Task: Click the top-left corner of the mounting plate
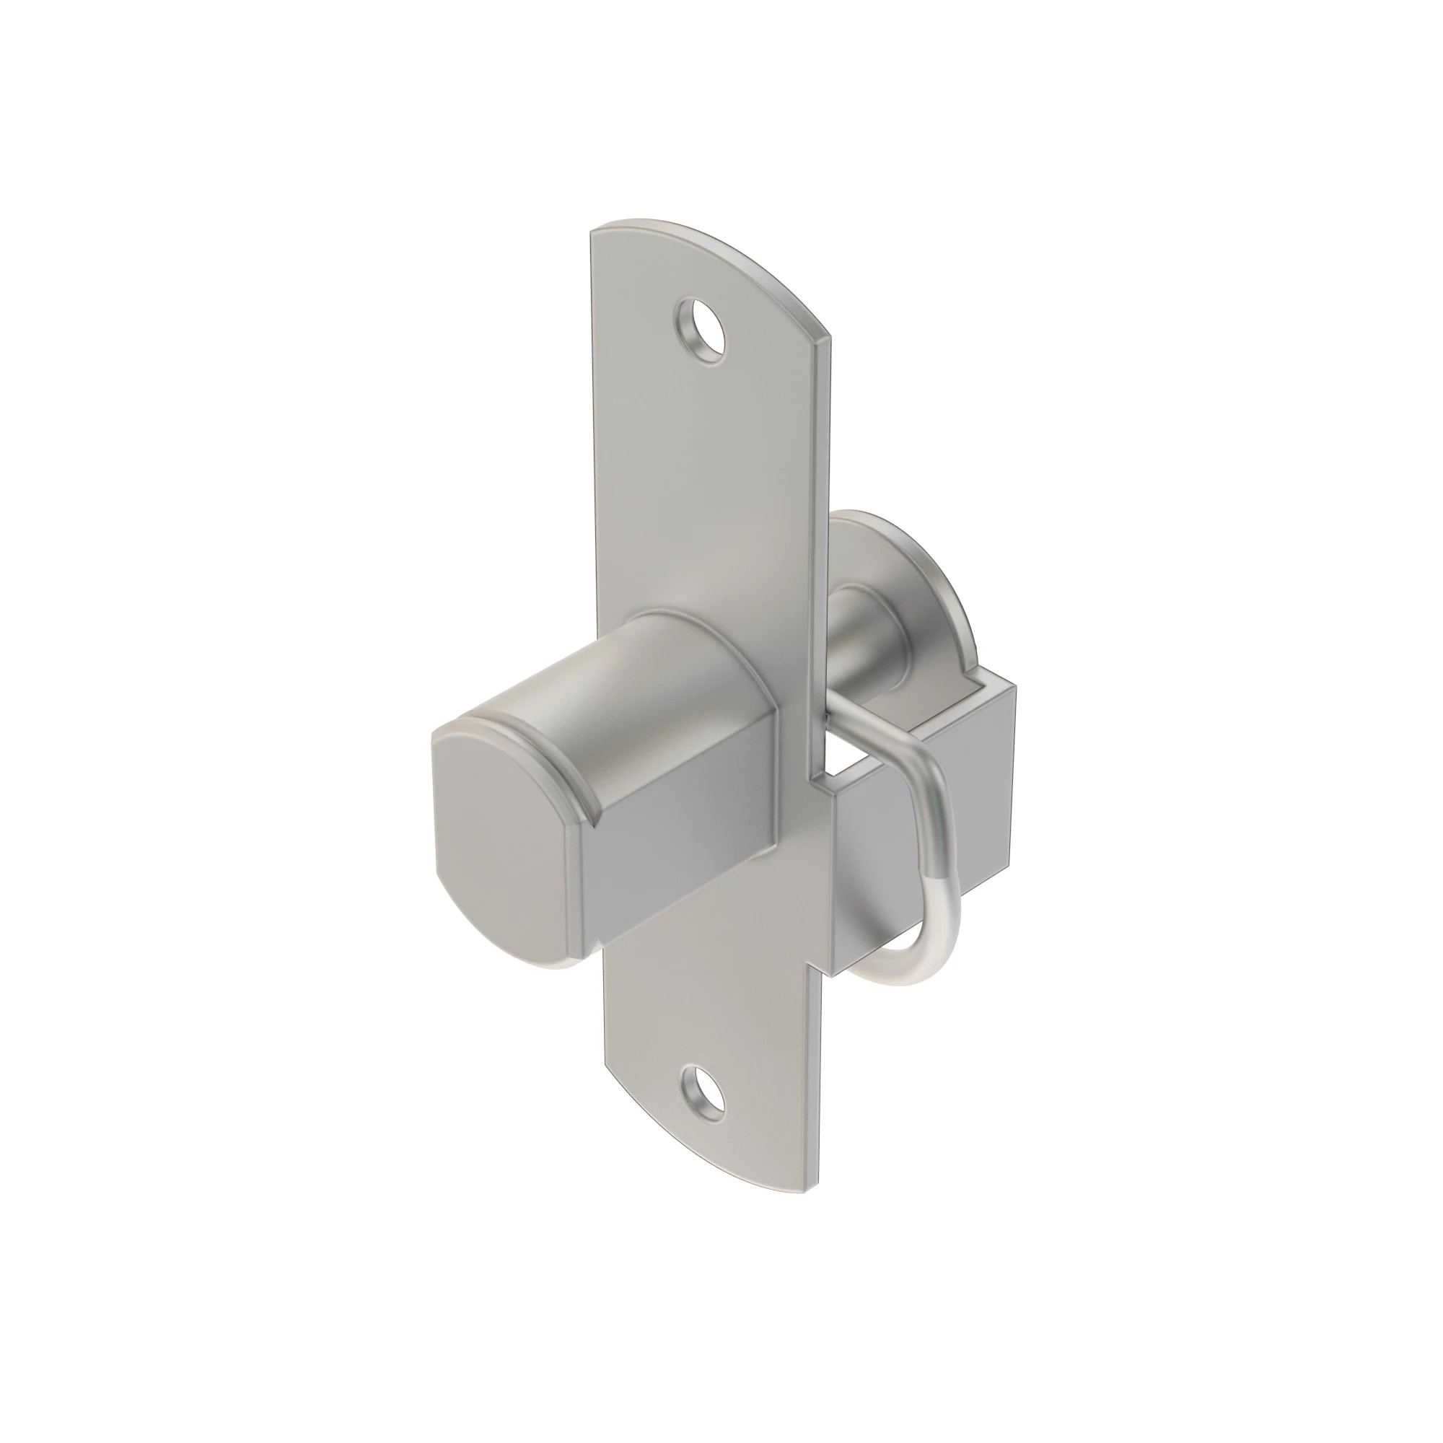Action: point(593,233)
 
